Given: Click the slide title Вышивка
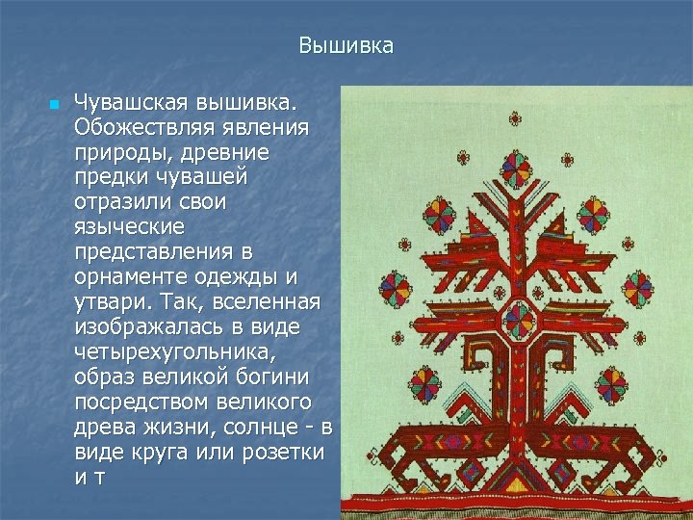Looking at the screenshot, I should coord(346,45).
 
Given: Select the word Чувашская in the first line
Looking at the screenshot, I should coord(132,101).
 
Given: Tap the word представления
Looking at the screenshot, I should coord(147,252).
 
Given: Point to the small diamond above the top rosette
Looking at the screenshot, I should coord(516,120).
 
